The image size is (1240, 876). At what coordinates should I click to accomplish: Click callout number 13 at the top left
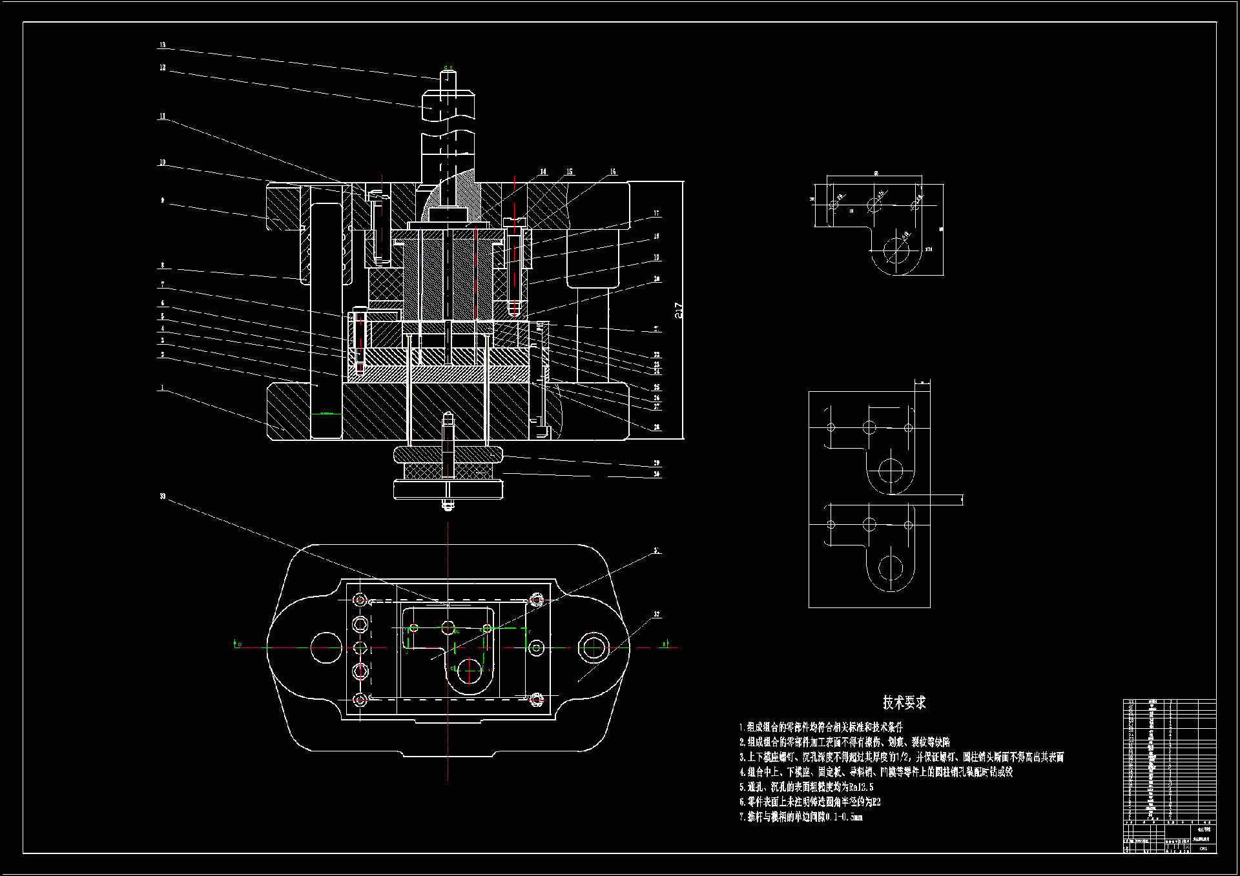(163, 45)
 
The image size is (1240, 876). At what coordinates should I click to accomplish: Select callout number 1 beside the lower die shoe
(162, 388)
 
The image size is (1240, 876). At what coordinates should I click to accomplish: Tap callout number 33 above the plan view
(163, 496)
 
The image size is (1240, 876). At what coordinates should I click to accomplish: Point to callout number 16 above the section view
(612, 172)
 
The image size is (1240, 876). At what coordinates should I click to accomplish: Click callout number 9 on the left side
(163, 201)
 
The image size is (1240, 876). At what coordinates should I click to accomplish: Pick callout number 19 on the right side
(656, 258)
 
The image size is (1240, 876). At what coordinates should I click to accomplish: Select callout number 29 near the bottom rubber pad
(656, 463)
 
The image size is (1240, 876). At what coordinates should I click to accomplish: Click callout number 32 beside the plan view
(656, 615)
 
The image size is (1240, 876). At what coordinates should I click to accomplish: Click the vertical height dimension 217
(679, 311)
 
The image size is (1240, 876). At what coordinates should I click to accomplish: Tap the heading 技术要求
(904, 702)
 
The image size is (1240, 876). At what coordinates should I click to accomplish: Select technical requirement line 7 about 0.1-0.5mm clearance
(801, 817)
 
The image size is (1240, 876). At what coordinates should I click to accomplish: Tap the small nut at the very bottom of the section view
(448, 505)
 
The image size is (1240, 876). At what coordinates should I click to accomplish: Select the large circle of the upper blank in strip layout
(891, 471)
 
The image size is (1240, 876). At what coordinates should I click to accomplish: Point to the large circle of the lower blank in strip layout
(891, 568)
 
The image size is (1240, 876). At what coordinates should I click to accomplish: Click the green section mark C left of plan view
(236, 644)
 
